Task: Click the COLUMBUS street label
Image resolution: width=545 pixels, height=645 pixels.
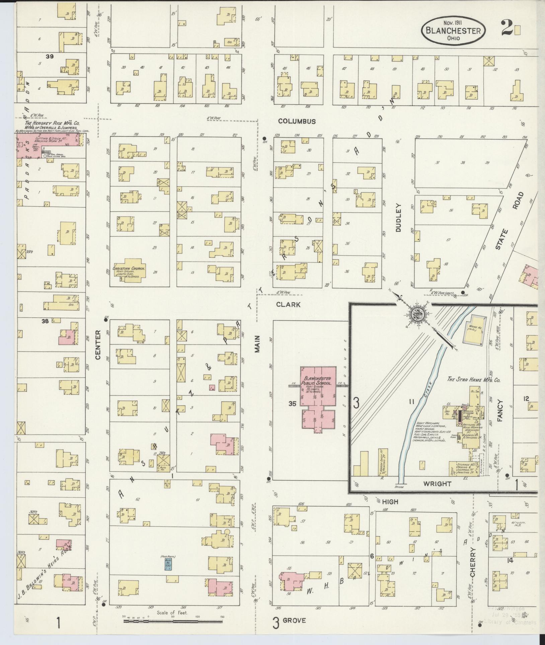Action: pyautogui.click(x=297, y=122)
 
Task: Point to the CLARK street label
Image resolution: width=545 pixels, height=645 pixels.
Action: pyautogui.click(x=288, y=305)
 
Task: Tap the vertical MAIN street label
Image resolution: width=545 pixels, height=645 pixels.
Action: pyautogui.click(x=257, y=345)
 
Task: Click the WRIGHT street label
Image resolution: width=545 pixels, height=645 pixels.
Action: pyautogui.click(x=438, y=484)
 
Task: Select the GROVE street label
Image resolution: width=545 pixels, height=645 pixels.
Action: pyautogui.click(x=294, y=620)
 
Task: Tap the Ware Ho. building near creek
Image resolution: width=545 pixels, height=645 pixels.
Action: pyautogui.click(x=473, y=329)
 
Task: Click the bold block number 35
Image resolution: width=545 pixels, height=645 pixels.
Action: pyautogui.click(x=293, y=404)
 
